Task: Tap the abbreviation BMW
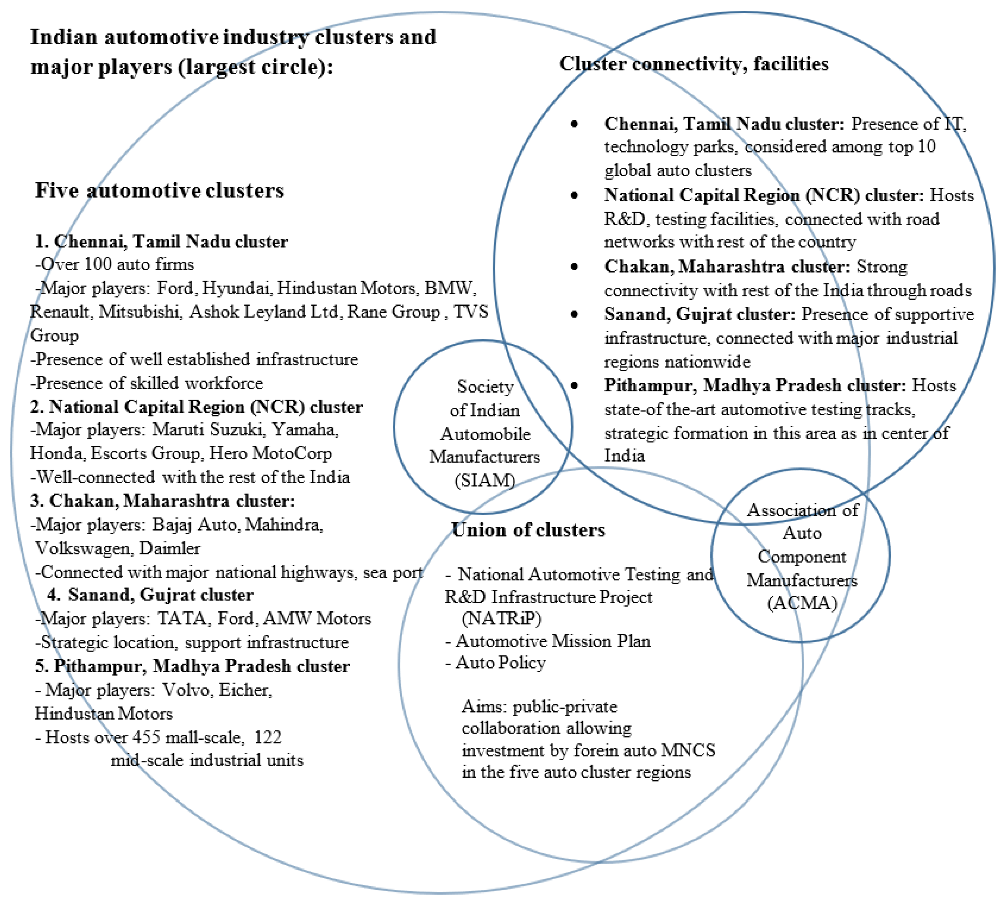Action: (x=449, y=288)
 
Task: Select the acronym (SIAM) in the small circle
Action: (x=484, y=480)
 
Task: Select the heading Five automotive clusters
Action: (x=159, y=190)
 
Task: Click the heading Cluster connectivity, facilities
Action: (x=694, y=64)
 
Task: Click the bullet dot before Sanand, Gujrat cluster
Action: (x=574, y=314)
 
